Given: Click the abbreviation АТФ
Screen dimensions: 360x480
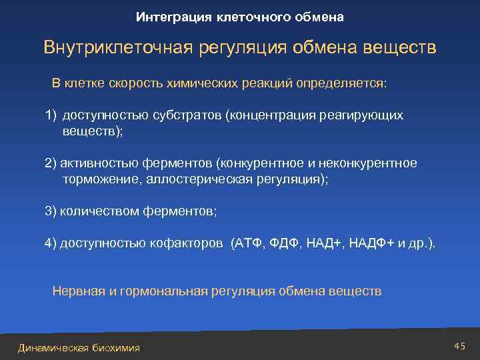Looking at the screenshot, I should pos(247,243).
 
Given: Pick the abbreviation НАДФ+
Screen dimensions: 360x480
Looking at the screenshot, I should pos(372,243).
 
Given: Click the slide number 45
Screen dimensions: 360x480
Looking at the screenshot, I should pos(459,345).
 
